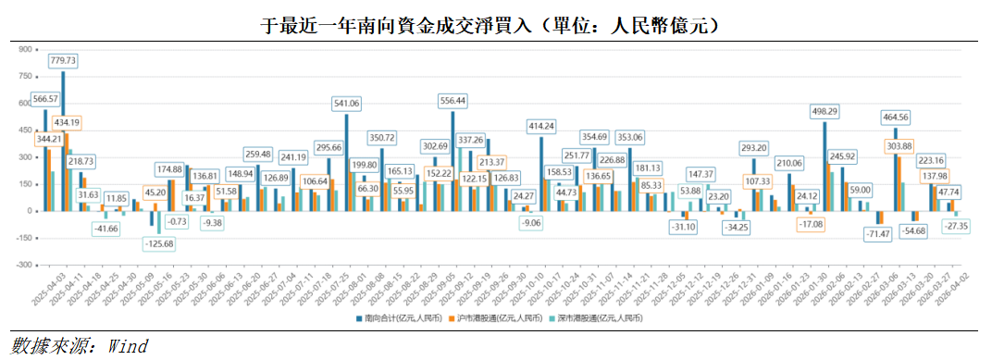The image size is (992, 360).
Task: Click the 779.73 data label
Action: tap(62, 61)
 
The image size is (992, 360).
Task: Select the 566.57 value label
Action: tap(44, 98)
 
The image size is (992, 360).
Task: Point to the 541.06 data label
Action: tap(346, 103)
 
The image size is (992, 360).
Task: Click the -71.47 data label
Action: tap(878, 235)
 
